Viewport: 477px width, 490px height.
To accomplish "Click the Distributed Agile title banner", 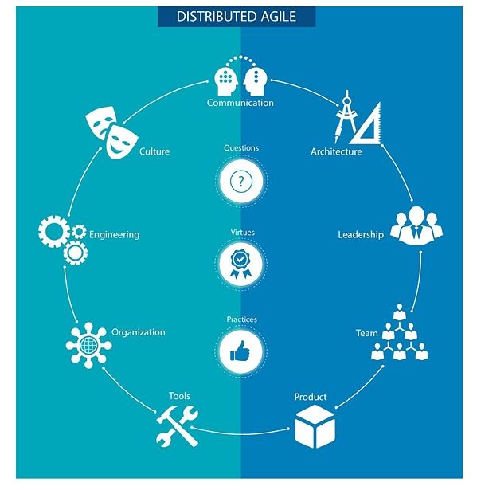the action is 237,17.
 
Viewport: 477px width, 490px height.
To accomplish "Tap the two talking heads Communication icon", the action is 240,76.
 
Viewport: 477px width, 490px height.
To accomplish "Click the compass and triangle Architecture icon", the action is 358,117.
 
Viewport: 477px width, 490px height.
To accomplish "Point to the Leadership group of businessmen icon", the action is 416,225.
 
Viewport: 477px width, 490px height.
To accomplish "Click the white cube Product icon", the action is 315,426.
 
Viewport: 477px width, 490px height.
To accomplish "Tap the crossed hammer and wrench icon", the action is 177,425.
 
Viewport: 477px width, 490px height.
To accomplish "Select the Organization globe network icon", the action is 88,345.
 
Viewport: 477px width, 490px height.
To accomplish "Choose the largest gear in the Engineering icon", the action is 53,232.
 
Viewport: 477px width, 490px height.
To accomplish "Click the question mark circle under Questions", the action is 240,181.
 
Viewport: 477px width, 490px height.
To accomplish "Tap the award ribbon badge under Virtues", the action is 240,264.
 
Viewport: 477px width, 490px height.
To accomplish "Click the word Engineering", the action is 115,235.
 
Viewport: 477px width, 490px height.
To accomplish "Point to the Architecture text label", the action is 336,151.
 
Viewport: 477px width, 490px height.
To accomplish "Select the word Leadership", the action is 361,235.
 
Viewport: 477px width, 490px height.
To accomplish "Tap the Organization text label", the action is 139,332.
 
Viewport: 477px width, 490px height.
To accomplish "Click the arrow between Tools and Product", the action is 240,433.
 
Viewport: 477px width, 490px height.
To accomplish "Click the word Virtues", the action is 242,233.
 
